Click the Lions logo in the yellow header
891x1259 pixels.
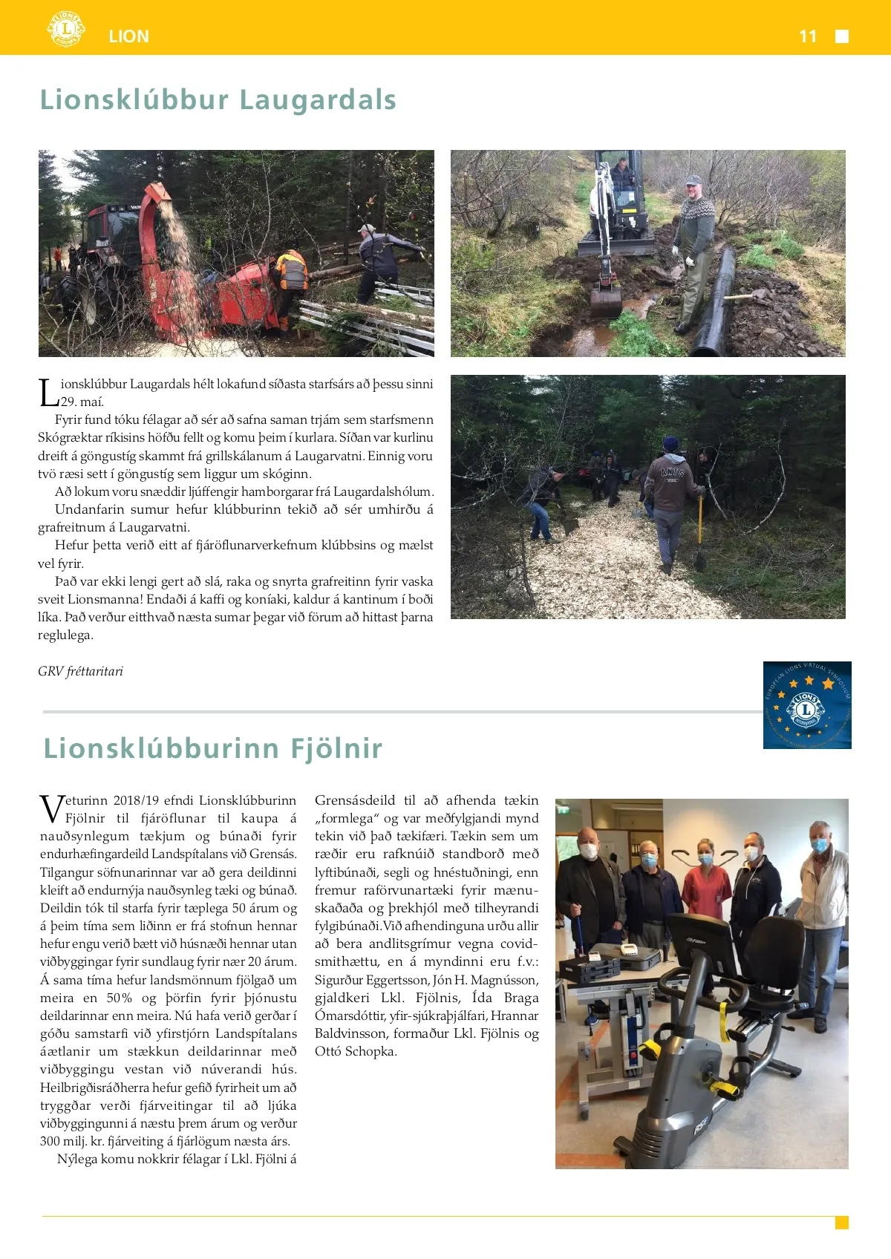point(65,29)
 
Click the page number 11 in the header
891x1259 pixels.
point(808,36)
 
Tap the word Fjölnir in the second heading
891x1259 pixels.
point(336,748)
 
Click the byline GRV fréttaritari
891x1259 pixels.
point(80,671)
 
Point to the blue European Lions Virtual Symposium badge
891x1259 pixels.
point(807,704)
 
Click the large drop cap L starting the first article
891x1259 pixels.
point(48,393)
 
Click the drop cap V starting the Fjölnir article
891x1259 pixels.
point(52,808)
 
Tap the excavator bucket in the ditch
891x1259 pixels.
point(606,301)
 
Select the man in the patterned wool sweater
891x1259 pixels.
point(694,238)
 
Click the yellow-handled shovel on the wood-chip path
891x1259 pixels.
point(699,531)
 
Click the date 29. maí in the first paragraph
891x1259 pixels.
point(82,402)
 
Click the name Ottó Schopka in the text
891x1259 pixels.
point(356,1051)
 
